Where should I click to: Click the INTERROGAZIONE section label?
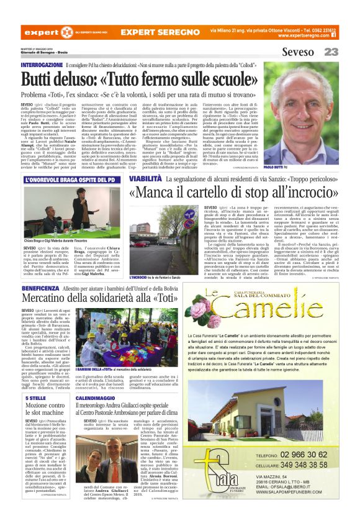(x=42, y=65)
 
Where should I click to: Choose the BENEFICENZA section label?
(x=40, y=289)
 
